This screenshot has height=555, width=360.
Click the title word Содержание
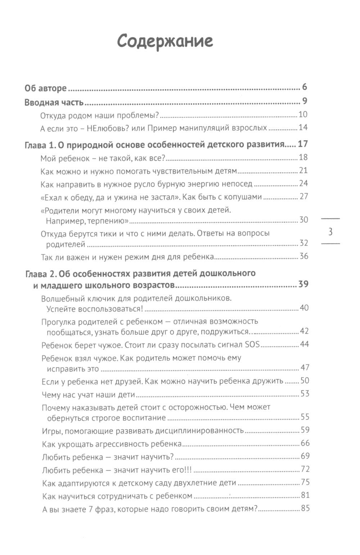165,41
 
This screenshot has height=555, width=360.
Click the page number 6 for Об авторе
304,88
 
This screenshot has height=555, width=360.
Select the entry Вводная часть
54,102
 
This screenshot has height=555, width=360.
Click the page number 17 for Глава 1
303,145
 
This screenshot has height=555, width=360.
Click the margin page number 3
330,232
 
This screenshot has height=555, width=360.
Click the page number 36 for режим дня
304,256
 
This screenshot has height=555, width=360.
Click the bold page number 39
303,285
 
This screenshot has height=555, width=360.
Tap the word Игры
50,430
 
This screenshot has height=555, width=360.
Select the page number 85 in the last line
305,509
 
